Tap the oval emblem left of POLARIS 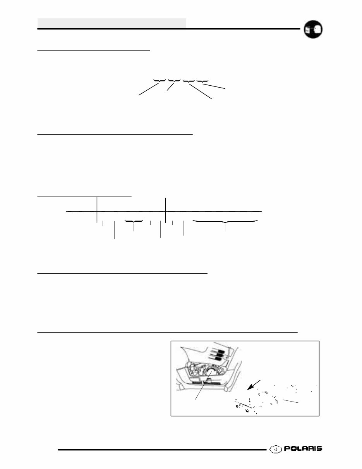pos(276,449)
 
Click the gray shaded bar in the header pos(112,23)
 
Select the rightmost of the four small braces pos(202,81)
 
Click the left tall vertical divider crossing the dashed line pos(96,209)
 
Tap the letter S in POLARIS pos(318,449)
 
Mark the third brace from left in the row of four pos(189,81)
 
